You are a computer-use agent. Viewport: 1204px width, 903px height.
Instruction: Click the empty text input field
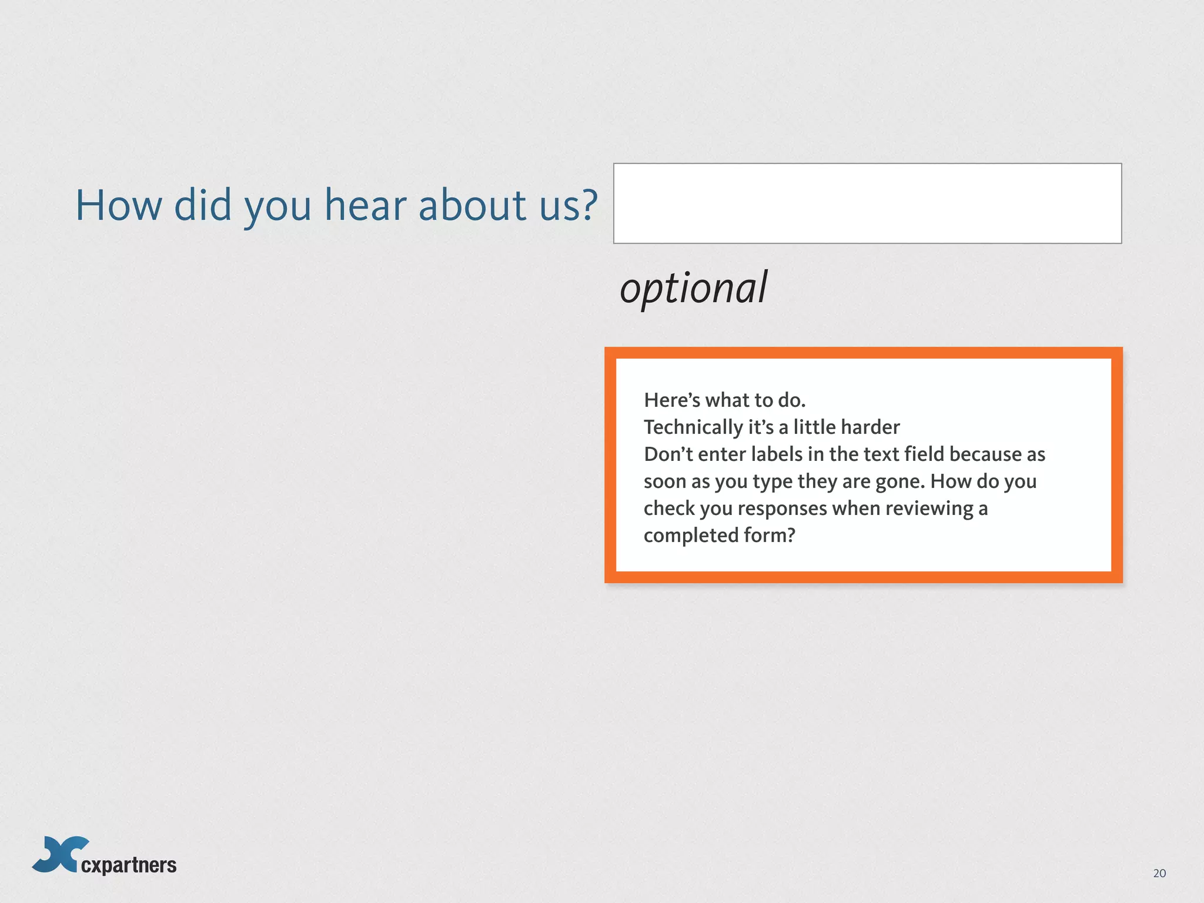867,203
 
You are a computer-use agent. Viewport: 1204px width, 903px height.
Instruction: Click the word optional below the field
694,289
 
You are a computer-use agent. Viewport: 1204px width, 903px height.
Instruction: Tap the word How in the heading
119,205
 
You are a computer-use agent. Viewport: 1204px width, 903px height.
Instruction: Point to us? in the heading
568,206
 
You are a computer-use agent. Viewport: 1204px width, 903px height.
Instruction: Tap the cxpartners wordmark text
129,865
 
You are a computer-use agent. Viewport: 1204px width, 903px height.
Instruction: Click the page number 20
1159,873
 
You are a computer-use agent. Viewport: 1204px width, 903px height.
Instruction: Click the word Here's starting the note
672,400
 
